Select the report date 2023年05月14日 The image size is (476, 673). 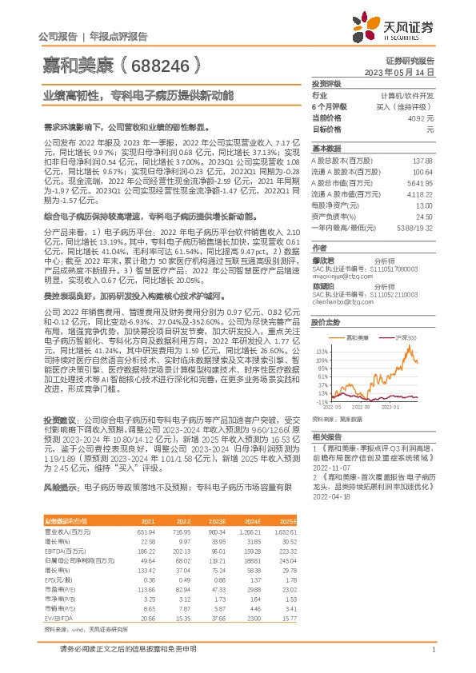pos(399,71)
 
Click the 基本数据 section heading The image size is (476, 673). pos(326,149)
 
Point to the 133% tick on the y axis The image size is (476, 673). pos(322,351)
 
